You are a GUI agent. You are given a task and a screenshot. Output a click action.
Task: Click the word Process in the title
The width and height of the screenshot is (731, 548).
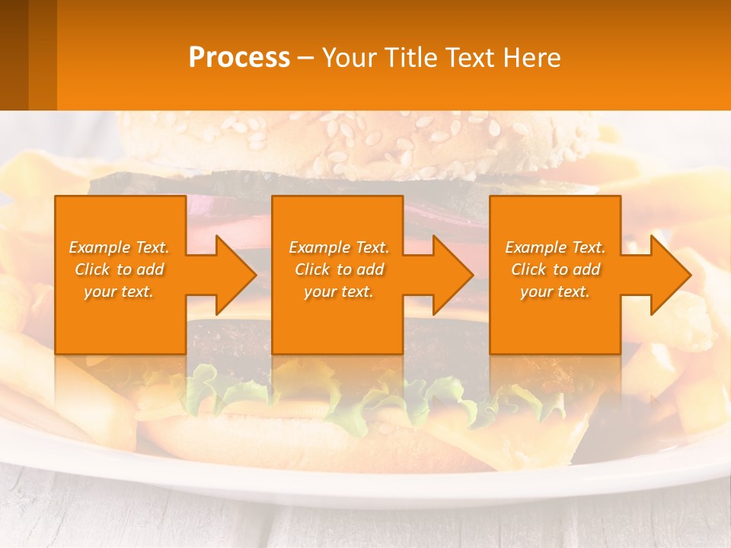point(239,58)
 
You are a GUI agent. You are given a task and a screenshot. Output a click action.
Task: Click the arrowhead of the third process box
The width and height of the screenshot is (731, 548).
point(668,275)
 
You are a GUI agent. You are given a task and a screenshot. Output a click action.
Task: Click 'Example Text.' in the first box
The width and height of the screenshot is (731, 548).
point(119,247)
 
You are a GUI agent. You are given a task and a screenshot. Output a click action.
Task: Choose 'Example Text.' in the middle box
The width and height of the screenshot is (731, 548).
point(339,247)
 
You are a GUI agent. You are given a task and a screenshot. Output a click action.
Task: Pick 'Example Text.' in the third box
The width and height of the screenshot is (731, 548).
point(555,247)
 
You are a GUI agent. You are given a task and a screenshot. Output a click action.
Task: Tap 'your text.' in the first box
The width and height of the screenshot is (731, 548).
point(119,292)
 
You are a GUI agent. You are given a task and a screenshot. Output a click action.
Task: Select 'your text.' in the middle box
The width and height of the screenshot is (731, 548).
point(339,292)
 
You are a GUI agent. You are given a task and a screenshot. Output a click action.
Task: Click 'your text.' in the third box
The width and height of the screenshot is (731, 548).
point(555,292)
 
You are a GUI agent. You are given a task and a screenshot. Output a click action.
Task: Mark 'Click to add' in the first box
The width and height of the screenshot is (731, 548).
point(119,269)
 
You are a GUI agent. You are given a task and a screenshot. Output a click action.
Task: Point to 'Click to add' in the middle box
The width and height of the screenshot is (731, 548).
point(339,269)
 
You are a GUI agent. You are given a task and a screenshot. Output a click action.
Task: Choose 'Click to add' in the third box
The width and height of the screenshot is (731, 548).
point(555,269)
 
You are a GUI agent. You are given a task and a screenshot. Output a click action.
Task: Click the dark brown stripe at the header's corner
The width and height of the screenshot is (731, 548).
point(14,55)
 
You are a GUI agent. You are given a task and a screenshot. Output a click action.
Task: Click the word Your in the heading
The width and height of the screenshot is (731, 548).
point(349,58)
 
